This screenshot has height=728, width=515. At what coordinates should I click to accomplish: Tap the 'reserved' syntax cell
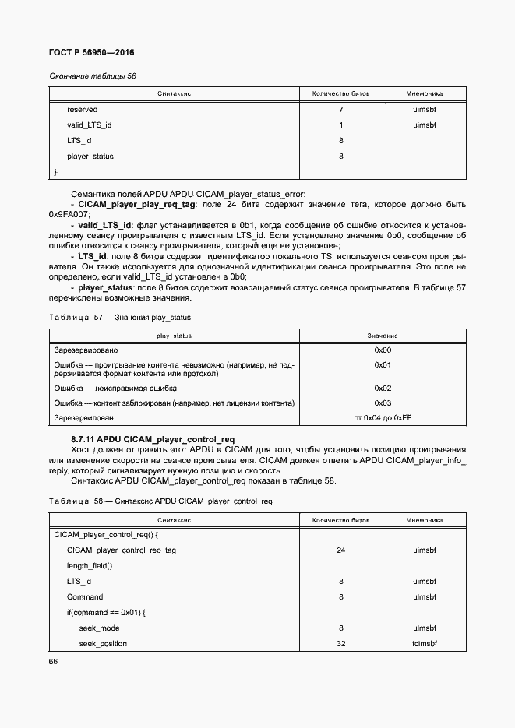[x=82, y=110]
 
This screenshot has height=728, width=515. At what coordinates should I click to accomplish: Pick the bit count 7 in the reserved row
[x=340, y=110]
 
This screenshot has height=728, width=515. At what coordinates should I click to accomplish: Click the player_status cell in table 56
[x=90, y=157]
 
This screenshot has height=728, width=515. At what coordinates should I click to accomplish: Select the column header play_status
[x=174, y=336]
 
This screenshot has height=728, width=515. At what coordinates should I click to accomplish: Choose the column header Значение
[x=382, y=336]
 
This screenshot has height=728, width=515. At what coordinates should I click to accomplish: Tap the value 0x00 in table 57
[x=382, y=350]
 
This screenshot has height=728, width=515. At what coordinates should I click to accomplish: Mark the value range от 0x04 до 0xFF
[x=382, y=419]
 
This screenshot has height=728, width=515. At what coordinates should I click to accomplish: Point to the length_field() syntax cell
[x=90, y=566]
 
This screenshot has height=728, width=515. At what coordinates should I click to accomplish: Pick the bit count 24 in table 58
[x=340, y=550]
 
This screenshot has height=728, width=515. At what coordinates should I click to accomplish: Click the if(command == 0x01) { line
[x=106, y=613]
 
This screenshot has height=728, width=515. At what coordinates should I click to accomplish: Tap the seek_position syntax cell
[x=103, y=644]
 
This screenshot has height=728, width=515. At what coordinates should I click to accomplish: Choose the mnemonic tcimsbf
[x=425, y=644]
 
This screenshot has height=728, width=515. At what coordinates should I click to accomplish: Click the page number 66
[x=54, y=662]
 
